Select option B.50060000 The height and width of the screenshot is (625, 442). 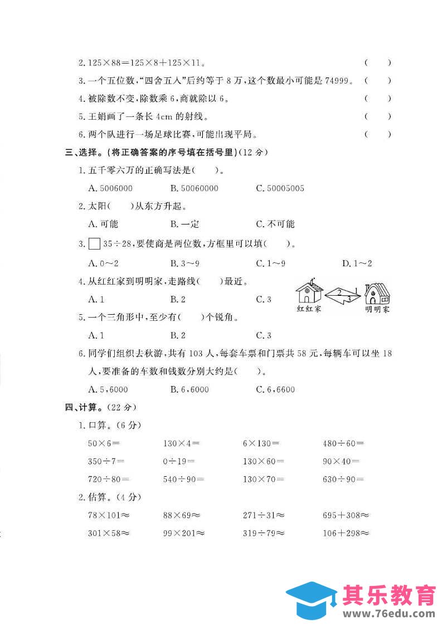(194, 188)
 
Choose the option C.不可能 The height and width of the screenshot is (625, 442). (275, 224)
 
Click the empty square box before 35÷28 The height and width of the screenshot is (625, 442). (94, 243)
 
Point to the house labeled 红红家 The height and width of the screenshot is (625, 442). (309, 292)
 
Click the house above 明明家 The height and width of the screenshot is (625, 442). (377, 292)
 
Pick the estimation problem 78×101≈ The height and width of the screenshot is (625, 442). (109, 515)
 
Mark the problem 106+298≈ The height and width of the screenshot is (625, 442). (346, 533)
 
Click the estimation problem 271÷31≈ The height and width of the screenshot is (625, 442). (264, 515)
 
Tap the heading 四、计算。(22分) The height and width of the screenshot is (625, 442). (100, 407)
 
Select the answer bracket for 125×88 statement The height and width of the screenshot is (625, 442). (377, 64)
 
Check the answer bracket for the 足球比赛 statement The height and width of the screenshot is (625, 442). (377, 134)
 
